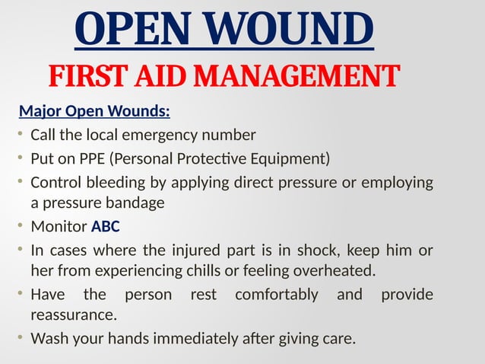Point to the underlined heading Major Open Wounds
94,113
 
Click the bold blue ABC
106,226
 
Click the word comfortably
277,294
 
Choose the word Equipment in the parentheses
290,158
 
